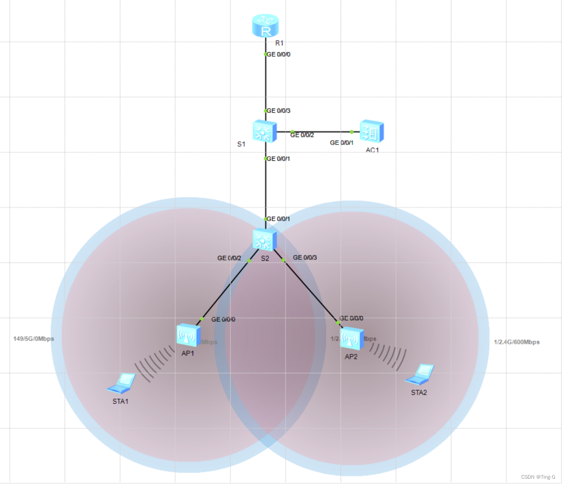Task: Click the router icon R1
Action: [265, 26]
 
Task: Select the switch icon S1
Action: [264, 131]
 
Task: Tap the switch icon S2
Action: [264, 240]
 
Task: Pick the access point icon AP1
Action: [188, 336]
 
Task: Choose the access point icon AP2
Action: [352, 339]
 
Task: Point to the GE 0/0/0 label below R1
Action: [279, 55]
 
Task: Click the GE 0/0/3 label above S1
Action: [279, 111]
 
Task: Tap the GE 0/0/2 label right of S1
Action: [302, 135]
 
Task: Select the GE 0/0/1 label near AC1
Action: [341, 143]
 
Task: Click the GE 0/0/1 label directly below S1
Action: [278, 159]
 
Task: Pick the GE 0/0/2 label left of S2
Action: [229, 258]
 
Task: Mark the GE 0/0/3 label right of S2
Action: [305, 258]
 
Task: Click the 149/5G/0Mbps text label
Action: [34, 339]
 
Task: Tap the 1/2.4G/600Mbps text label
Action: [517, 342]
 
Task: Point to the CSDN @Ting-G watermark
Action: [538, 477]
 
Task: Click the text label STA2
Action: [419, 393]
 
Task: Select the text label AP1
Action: [188, 353]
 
